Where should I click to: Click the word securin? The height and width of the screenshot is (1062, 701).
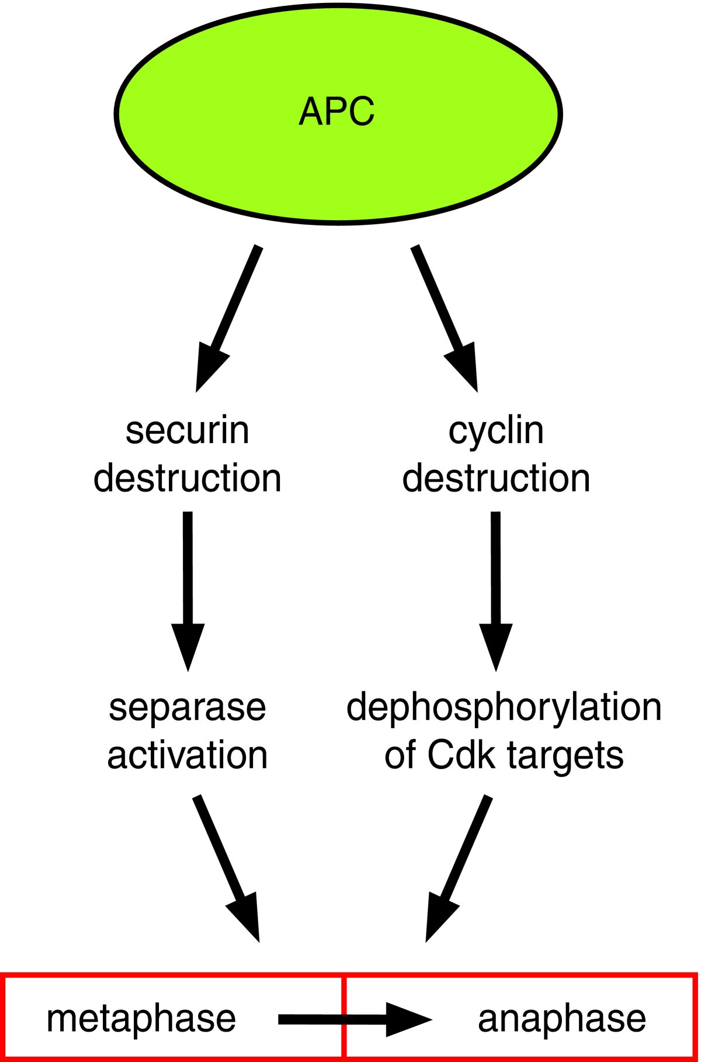click(188, 431)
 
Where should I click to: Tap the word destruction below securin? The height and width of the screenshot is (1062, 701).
click(188, 478)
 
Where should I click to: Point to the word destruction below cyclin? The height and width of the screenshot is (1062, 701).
click(496, 478)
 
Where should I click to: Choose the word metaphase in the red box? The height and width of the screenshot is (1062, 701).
click(141, 1019)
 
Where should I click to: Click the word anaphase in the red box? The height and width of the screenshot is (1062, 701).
click(562, 1019)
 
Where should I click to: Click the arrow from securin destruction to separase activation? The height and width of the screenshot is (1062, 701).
click(188, 590)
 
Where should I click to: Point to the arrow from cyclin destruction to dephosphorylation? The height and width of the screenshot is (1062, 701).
click(496, 590)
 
